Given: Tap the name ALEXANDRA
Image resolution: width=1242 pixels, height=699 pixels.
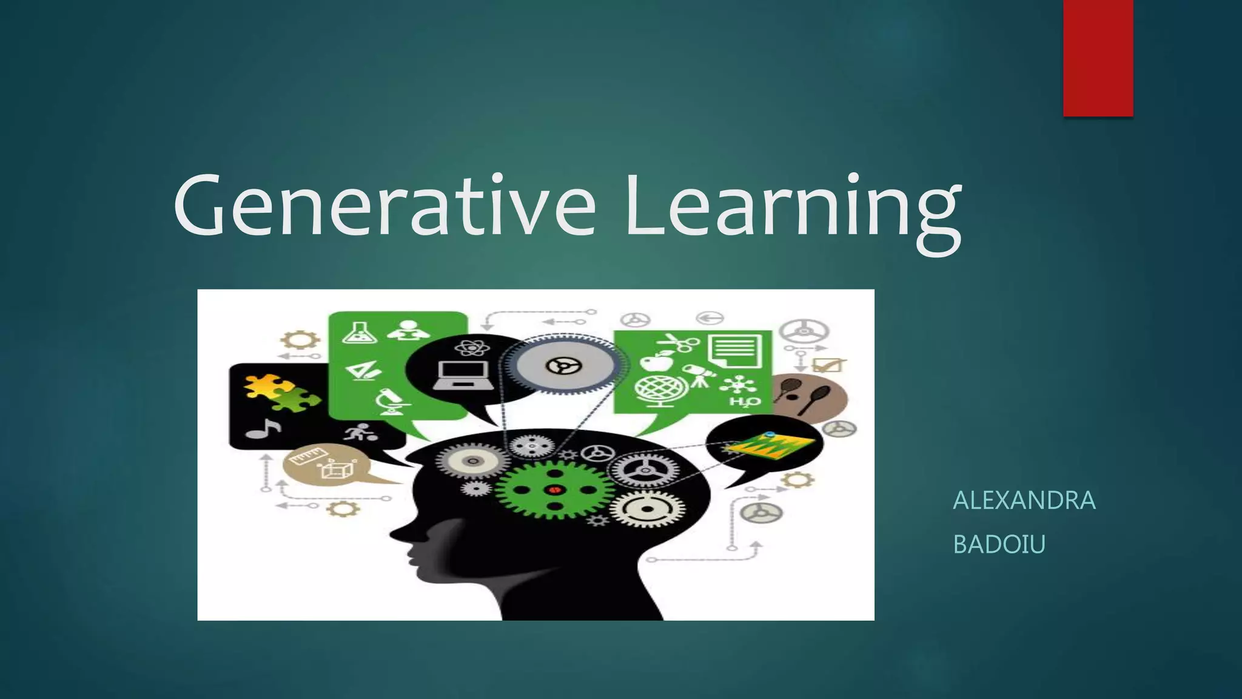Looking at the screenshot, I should point(1024,501).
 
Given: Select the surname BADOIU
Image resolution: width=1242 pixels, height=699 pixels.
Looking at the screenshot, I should point(999,544).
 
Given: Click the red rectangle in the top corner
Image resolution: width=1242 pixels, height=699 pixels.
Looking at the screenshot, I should point(1098,58).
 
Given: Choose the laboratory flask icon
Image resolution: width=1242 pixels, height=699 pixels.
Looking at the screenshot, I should point(355,331).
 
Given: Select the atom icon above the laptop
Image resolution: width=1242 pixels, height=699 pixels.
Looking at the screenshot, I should point(468,348).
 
